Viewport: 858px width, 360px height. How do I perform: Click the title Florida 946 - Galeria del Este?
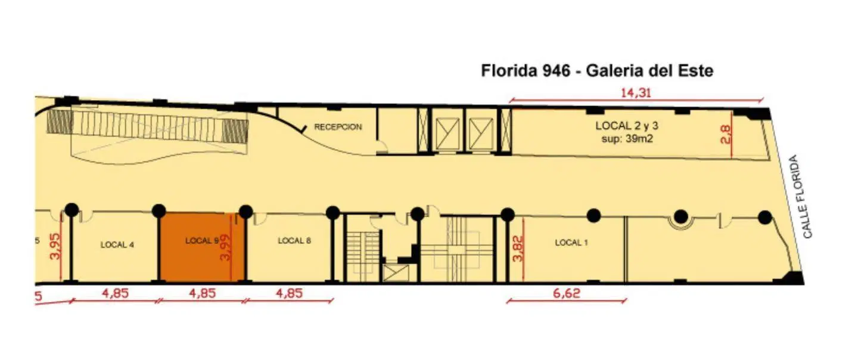(x=597, y=71)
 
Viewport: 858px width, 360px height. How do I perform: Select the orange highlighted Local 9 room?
(x=202, y=247)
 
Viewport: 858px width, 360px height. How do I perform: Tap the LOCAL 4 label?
(x=117, y=245)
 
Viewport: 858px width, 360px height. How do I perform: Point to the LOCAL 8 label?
(x=294, y=241)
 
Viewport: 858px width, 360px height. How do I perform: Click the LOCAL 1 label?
(x=571, y=243)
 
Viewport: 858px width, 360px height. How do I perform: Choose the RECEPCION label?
(x=338, y=127)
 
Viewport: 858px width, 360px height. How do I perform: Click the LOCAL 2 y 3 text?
(x=627, y=126)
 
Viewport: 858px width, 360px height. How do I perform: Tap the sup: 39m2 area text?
(x=627, y=139)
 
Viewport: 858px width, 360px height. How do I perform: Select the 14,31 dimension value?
(x=636, y=92)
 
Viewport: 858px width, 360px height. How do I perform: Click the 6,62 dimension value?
(x=567, y=293)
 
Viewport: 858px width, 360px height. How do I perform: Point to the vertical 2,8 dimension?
(x=726, y=135)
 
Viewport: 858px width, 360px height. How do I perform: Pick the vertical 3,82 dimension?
(x=517, y=248)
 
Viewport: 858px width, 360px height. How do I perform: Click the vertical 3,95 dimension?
(x=55, y=246)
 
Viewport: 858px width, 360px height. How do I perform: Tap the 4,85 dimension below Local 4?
(x=116, y=293)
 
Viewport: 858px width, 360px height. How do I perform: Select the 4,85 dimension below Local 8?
(x=289, y=293)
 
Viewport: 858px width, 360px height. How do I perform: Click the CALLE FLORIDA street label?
(x=801, y=197)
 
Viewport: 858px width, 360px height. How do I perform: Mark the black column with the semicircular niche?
(x=680, y=217)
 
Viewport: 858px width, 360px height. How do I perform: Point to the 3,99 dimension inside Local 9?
(x=226, y=248)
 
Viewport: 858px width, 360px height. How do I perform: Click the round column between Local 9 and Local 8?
(x=246, y=212)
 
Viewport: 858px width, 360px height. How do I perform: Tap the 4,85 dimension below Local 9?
(x=202, y=293)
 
